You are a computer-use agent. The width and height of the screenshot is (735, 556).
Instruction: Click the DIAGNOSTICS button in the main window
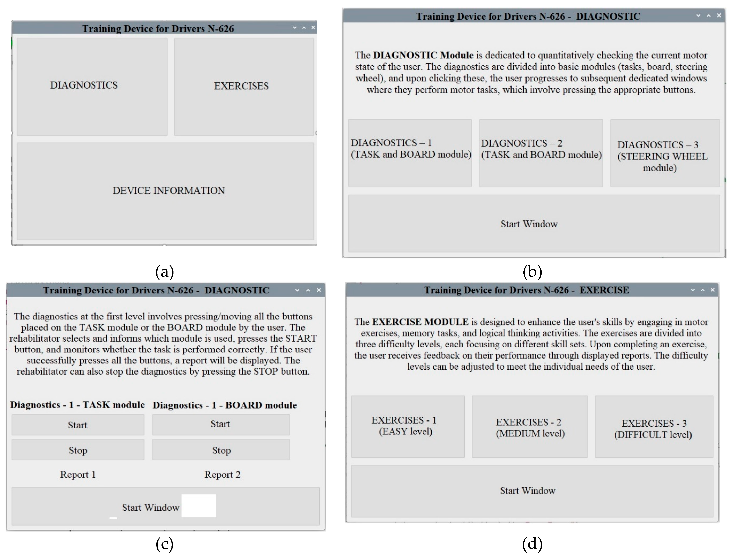click(92, 86)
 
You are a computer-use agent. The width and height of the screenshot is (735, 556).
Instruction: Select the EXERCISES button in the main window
click(244, 86)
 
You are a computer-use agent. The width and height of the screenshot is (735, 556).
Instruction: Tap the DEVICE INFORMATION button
click(165, 191)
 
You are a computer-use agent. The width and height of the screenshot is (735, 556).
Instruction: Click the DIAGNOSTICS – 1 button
click(410, 153)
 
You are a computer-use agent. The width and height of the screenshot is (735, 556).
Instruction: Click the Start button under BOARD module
click(221, 424)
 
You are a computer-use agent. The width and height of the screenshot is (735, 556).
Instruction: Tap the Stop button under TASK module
click(78, 450)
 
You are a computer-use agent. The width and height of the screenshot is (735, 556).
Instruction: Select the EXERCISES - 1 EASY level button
click(407, 427)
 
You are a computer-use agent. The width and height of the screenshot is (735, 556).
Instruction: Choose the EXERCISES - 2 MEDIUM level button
click(529, 427)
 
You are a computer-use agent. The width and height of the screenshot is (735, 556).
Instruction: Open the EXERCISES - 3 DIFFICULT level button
click(654, 427)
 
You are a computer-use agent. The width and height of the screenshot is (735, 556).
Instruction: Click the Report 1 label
click(78, 475)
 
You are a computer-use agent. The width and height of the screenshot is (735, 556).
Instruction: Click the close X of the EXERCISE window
click(712, 290)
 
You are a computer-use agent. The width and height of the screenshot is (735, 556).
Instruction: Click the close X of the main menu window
click(313, 28)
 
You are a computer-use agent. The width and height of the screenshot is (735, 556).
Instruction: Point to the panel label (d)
click(532, 544)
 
